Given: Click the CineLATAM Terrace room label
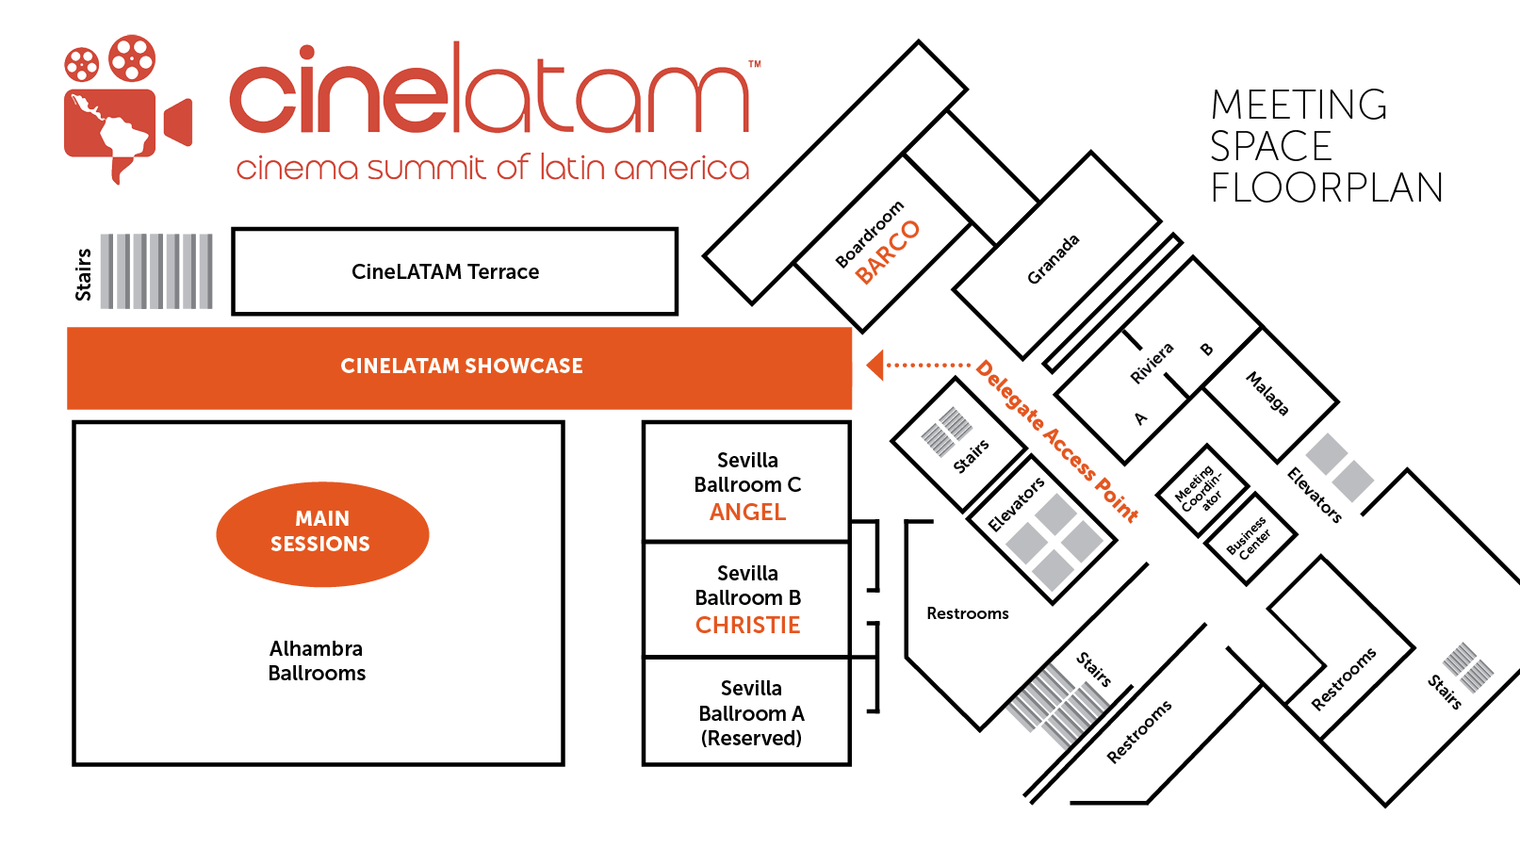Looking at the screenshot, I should click(445, 272).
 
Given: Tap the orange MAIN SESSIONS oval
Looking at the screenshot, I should click(322, 533).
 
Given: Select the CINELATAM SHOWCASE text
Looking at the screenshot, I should click(462, 367).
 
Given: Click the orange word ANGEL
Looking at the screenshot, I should click(747, 513).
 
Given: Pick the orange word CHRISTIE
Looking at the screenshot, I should click(747, 626).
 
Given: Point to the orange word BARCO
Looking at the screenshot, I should click(887, 252).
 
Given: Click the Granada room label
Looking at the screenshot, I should click(1053, 260).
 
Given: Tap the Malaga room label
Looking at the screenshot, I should click(1267, 393).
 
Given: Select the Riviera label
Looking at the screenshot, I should click(1152, 363).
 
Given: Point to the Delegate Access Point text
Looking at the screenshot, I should click(1057, 441).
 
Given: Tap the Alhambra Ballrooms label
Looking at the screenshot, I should click(317, 660).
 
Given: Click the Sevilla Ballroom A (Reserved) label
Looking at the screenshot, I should click(751, 713).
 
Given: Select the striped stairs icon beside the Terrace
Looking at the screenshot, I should click(156, 271).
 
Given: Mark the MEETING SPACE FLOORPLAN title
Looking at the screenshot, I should click(1326, 146).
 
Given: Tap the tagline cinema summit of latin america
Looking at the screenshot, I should click(492, 168).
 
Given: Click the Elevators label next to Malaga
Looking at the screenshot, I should click(1315, 495).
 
